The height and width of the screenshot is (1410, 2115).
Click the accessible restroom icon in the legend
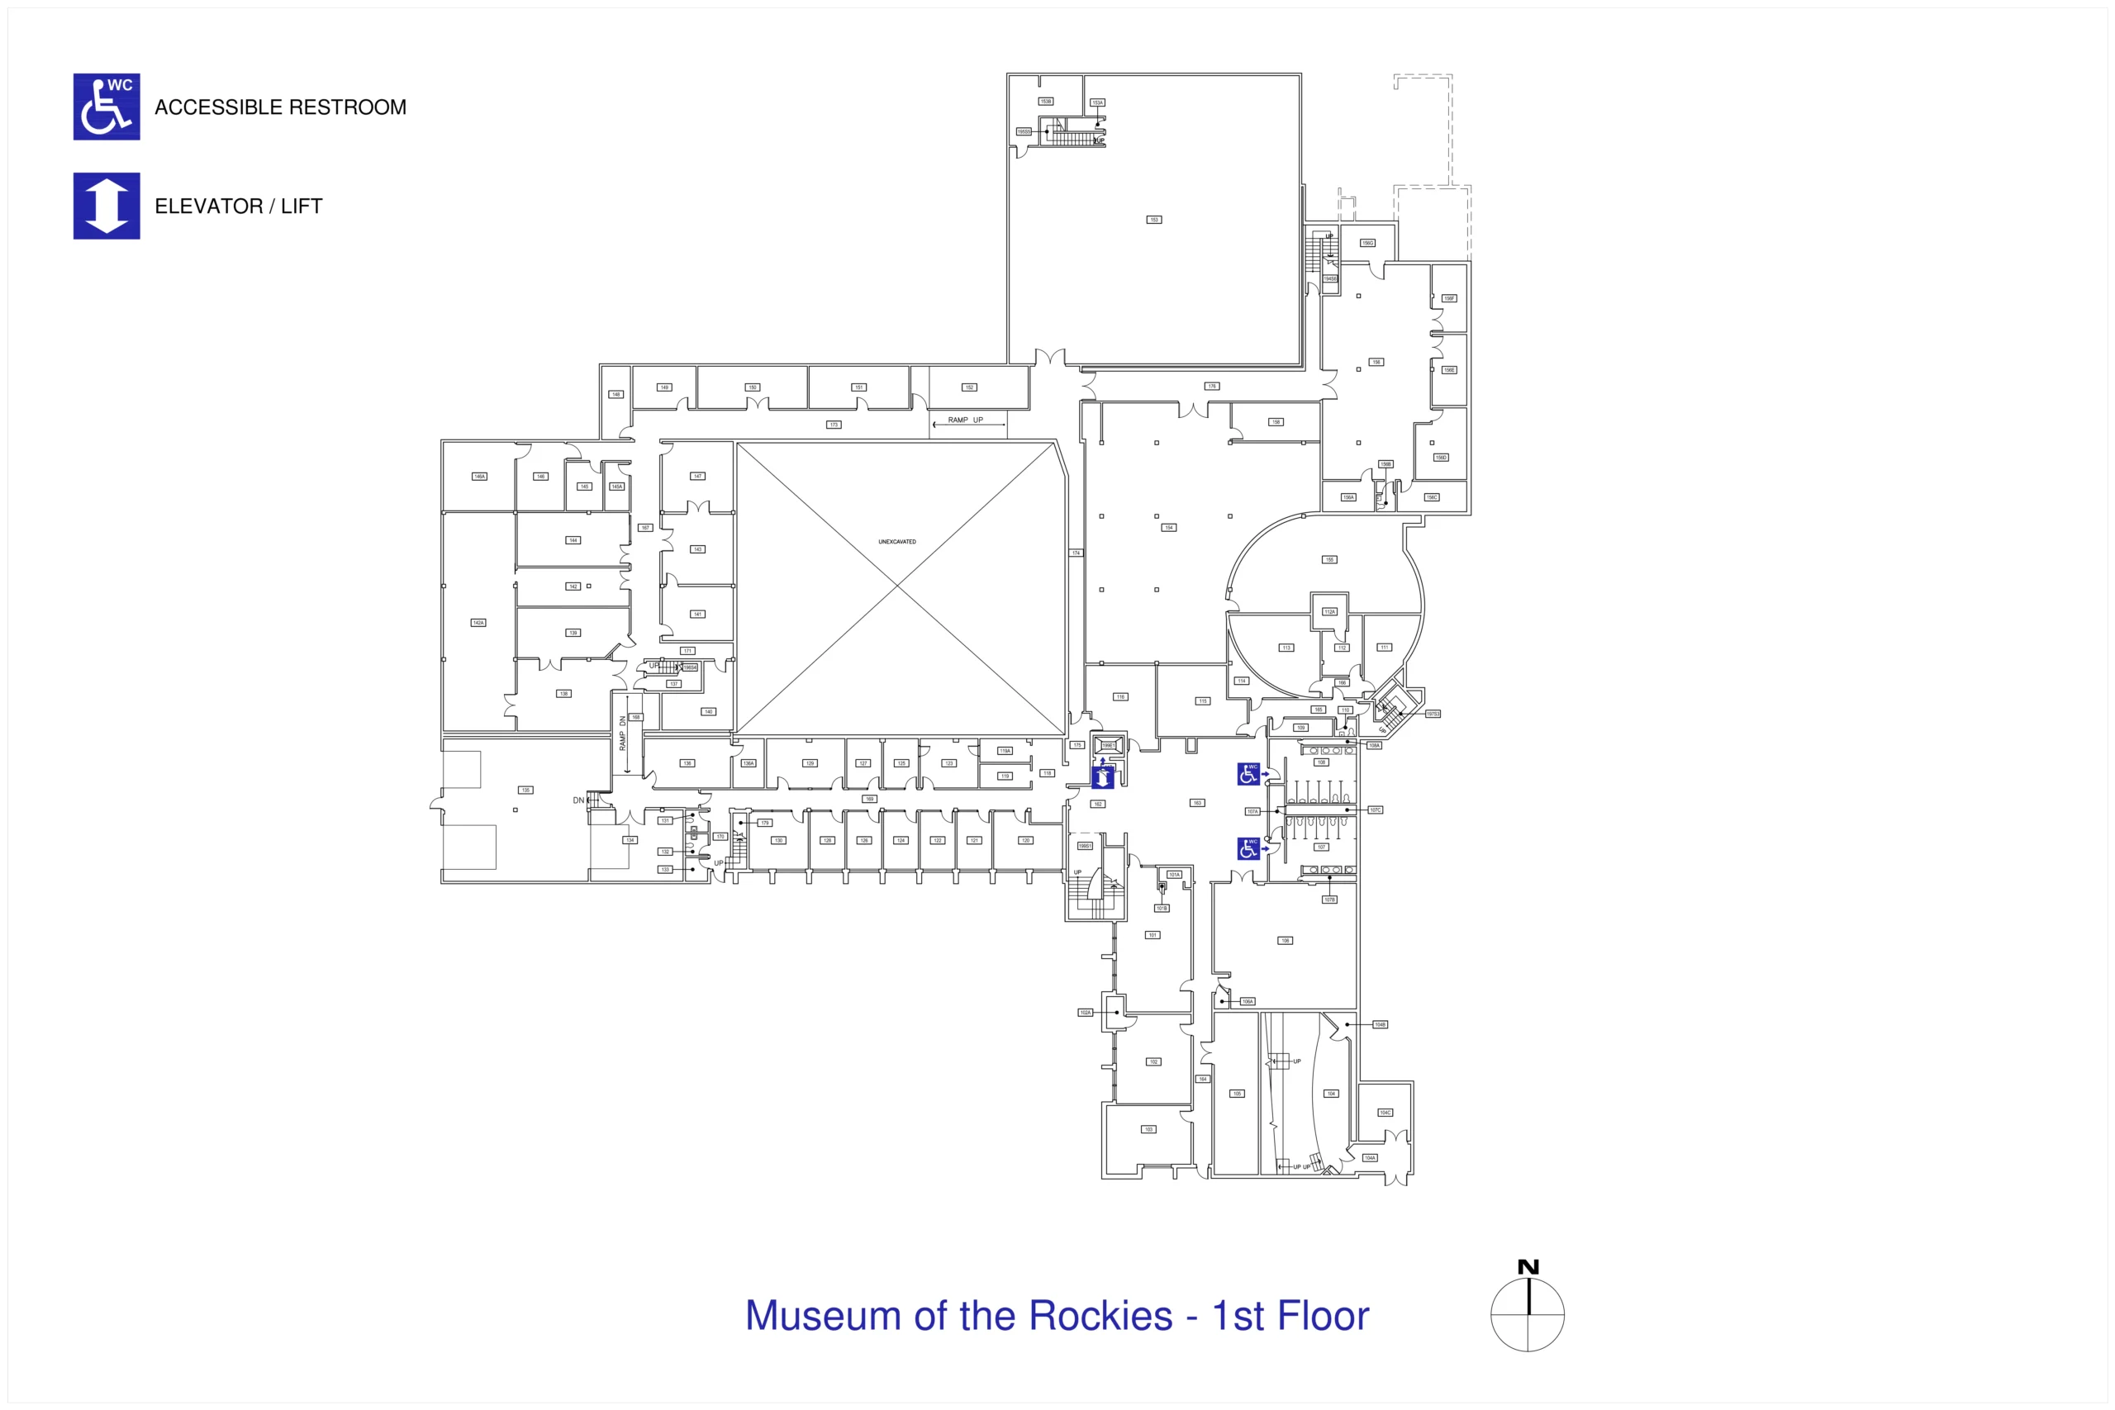point(106,107)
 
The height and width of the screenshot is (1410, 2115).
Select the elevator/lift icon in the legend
point(106,206)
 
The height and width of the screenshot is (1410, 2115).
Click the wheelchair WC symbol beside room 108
point(1248,773)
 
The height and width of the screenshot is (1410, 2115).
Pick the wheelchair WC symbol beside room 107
point(1248,848)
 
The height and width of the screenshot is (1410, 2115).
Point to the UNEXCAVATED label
point(896,542)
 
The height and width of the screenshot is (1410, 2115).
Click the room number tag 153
point(1153,220)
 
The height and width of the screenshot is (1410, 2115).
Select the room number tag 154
point(1169,528)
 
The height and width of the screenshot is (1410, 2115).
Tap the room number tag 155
point(1329,559)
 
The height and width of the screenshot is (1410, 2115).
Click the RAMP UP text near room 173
point(966,420)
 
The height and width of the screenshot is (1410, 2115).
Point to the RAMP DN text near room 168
point(622,733)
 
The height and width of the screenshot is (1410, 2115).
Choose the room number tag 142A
point(478,622)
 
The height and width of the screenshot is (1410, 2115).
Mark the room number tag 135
point(525,790)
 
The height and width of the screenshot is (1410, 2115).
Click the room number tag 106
point(1285,941)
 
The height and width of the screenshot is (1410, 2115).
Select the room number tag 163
point(1197,803)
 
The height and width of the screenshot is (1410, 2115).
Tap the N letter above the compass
point(1528,1267)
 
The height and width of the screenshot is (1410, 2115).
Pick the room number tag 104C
point(1385,1113)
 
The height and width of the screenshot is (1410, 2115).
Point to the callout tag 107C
point(1375,810)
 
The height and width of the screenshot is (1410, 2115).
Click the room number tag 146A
point(479,477)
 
